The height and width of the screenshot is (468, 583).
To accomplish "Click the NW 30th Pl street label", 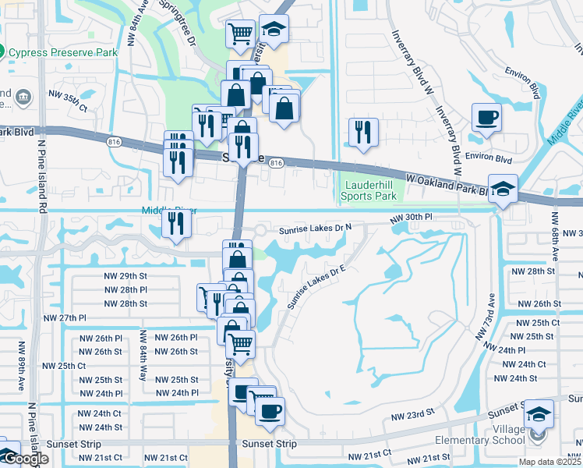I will tap(411, 218).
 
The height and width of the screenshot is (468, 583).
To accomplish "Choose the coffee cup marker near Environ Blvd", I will tap(486, 119).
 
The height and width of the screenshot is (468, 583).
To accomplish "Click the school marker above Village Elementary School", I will tap(539, 414).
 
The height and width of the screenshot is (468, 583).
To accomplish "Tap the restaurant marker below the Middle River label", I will tap(176, 225).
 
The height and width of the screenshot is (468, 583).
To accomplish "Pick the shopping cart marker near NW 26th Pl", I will tap(241, 342).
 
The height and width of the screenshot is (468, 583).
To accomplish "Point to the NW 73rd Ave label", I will tap(484, 317).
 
